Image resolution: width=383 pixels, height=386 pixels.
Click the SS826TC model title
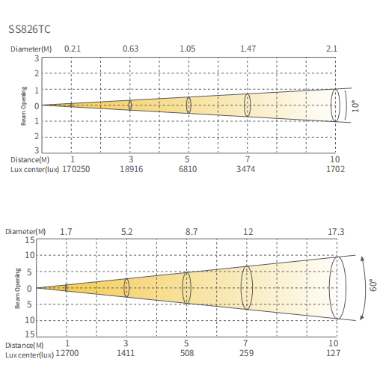coord(29,29)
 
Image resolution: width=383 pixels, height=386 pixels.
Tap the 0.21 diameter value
coord(73,49)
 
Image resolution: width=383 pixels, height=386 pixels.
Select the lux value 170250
coord(76,169)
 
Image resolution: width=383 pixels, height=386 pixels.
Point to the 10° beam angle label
coord(355,106)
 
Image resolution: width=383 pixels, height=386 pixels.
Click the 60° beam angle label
coord(373,285)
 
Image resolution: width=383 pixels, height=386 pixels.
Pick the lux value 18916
coord(132,169)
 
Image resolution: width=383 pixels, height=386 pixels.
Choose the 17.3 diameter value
coord(336,232)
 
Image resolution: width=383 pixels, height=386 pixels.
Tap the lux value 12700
coord(67,353)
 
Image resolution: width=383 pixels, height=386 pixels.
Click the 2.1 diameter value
coord(331,49)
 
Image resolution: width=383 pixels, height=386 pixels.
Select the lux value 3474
coord(245,169)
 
